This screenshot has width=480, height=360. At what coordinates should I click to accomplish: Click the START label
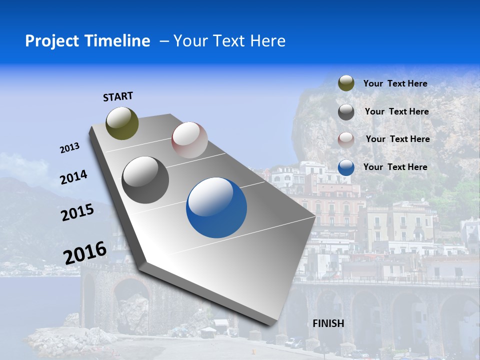[118, 96]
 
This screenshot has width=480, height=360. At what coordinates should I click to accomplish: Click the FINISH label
[328, 323]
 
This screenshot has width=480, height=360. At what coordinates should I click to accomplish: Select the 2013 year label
[69, 148]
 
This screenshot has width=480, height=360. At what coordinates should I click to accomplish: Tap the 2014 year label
[73, 177]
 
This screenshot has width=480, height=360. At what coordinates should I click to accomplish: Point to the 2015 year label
[77, 212]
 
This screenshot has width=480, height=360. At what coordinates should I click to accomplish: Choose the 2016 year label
[85, 253]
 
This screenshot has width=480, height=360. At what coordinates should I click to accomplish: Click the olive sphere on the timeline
[122, 123]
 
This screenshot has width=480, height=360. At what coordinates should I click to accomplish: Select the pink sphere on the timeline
[189, 140]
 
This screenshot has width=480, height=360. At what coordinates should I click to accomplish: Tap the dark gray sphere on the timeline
[145, 180]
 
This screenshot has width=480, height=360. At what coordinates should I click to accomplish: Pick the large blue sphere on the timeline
[216, 207]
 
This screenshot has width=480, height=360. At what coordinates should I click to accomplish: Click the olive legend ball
[346, 83]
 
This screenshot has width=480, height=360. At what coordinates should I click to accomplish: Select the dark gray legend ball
[346, 112]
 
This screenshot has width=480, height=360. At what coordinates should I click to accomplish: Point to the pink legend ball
[346, 140]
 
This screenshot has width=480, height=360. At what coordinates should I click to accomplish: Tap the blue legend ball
[346, 167]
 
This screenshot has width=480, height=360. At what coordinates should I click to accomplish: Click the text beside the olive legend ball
[395, 83]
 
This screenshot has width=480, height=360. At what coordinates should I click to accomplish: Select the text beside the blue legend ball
[395, 167]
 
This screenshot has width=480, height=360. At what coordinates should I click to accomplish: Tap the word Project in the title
[50, 41]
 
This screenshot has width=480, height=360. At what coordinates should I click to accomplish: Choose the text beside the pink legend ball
[397, 139]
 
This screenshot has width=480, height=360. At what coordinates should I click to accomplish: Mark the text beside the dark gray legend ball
[396, 111]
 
